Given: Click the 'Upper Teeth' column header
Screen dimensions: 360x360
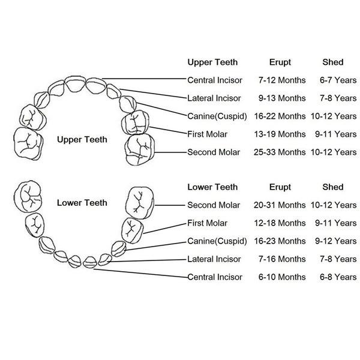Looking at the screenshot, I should tap(212, 62).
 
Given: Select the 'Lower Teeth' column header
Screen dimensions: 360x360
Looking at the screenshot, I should tap(212, 187).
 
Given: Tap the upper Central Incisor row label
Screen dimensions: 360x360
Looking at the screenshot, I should tap(215, 80).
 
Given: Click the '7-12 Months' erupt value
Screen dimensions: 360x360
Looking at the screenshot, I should tap(282, 80).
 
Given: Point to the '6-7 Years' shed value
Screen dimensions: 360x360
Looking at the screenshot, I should tap(338, 80).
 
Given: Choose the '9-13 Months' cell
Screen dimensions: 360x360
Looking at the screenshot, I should tap(282, 98).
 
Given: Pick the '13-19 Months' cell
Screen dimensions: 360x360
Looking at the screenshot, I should tap(282, 134).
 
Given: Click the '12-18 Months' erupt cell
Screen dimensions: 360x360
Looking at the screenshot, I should tap(282, 223).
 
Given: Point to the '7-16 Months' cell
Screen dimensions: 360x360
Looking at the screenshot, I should tap(282, 259).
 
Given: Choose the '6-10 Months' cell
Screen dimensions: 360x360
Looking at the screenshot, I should tap(282, 277).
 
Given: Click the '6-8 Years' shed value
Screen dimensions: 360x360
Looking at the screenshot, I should tap(338, 277).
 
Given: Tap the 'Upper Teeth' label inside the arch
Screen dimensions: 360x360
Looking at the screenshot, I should tap(82, 140).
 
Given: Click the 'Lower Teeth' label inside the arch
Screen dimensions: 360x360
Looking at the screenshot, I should tap(82, 203).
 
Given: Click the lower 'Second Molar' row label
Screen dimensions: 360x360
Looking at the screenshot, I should tap(214, 205).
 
